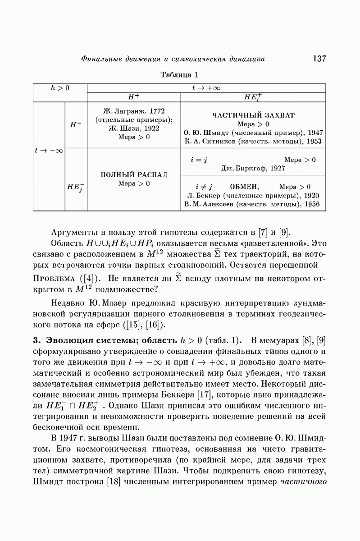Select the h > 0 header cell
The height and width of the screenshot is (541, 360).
(59, 87)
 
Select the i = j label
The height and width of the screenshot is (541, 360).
(198, 160)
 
